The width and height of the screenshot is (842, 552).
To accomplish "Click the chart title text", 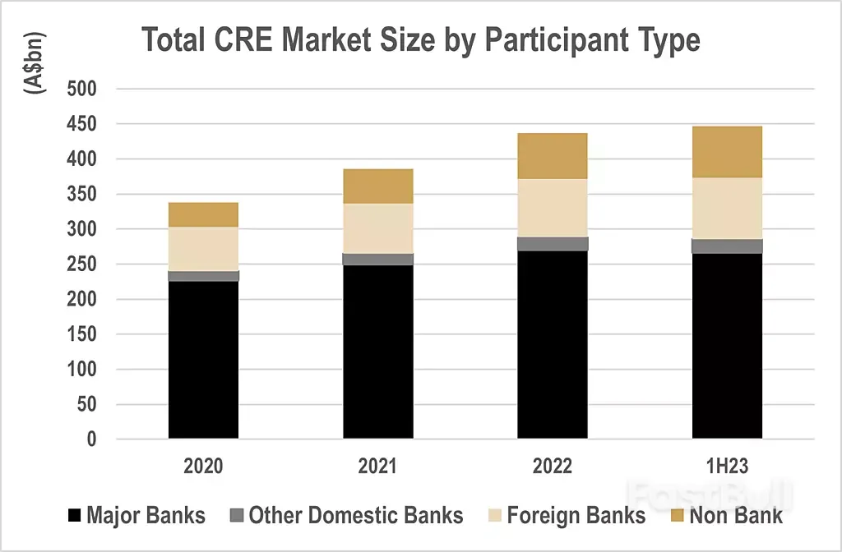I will (x=421, y=40).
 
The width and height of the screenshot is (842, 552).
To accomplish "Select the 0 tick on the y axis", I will (x=91, y=439).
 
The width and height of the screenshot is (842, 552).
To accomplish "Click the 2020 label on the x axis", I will (x=203, y=467).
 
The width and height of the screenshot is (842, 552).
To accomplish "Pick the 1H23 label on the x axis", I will (x=727, y=467).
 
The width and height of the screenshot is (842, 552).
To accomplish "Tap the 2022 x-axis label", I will (x=553, y=467).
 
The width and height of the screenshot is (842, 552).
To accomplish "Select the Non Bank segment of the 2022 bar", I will (x=553, y=156).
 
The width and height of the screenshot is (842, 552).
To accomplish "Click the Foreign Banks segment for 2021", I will (x=378, y=228).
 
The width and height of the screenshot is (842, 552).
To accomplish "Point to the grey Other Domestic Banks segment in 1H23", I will (x=727, y=246).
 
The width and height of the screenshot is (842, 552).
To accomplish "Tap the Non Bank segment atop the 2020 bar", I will (x=203, y=214).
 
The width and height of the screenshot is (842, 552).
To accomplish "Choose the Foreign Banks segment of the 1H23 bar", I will (x=727, y=209).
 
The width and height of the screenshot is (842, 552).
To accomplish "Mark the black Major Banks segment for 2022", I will (x=553, y=345).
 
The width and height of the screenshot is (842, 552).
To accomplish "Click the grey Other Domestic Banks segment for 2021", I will (x=378, y=260).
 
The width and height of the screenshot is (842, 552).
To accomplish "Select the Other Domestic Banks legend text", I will (x=356, y=516).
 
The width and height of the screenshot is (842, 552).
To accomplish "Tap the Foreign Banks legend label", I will (x=576, y=516).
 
